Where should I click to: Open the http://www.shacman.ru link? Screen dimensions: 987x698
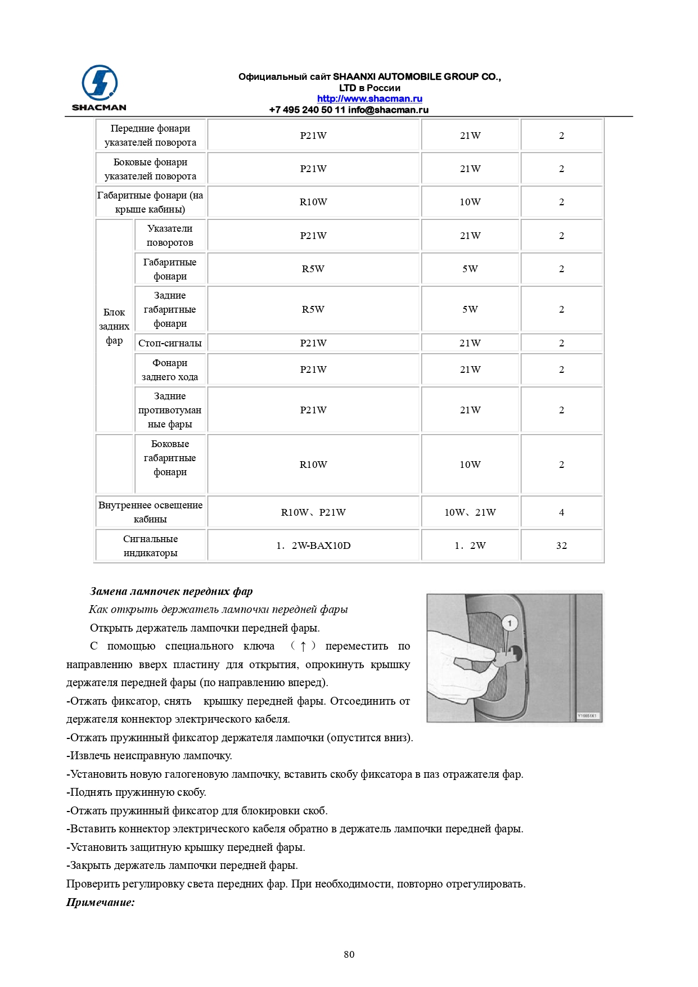[x=370, y=98]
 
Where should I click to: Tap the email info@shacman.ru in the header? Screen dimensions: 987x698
[x=388, y=110]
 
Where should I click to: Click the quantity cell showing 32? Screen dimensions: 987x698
[x=561, y=546]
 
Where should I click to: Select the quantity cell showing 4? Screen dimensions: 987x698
[x=561, y=512]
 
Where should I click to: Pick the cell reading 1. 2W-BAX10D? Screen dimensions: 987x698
[x=313, y=546]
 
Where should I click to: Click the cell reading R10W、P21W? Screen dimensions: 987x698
[x=313, y=512]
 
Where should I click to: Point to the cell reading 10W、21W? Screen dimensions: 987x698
[x=470, y=512]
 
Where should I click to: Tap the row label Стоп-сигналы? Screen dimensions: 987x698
[x=170, y=343]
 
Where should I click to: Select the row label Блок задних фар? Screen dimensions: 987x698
[x=114, y=326]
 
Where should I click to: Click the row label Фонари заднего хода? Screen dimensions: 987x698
[x=170, y=369]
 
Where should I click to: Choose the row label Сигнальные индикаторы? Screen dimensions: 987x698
[x=150, y=546]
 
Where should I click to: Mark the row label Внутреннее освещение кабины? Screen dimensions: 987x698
[x=150, y=512]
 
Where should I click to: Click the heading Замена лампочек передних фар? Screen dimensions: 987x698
[x=172, y=591]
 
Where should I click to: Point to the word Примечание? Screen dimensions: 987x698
[x=101, y=902]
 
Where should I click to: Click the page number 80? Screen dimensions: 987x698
[x=349, y=954]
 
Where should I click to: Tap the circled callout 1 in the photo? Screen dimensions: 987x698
[x=510, y=623]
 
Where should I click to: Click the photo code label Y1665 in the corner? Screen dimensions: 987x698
[x=588, y=716]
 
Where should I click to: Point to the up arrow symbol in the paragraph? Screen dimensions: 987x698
[x=303, y=646]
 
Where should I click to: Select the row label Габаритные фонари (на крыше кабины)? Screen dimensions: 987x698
[x=150, y=202]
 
